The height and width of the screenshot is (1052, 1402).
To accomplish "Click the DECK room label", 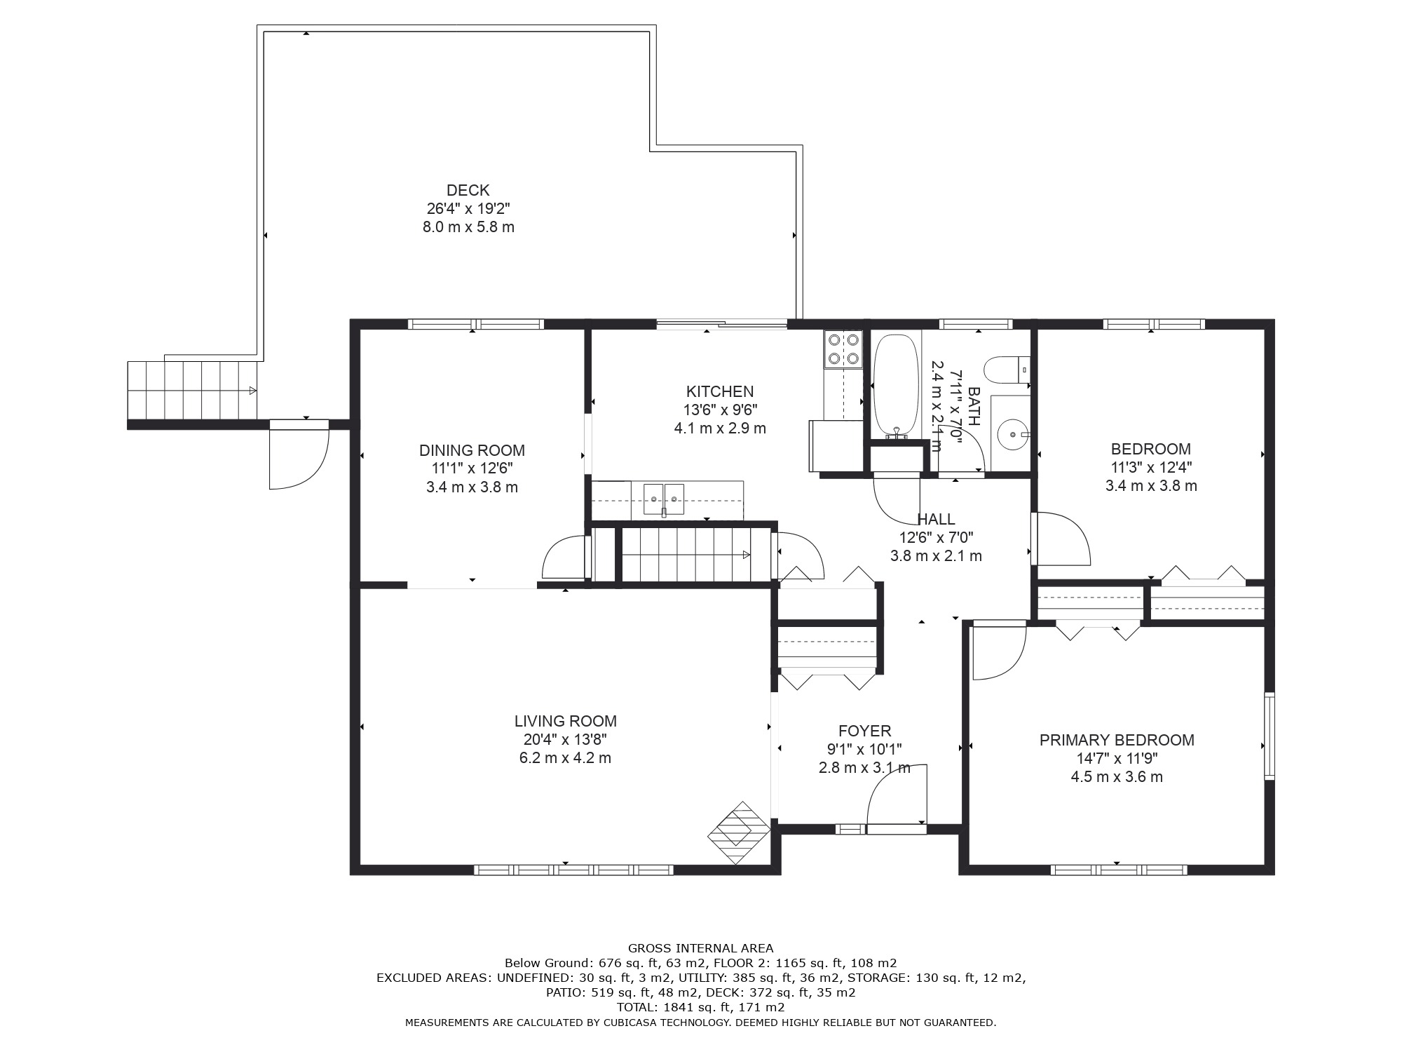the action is coord(468,190).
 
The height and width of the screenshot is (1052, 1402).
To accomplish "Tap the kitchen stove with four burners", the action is coord(843,349).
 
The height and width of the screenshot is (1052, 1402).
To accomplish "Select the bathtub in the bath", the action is coord(896,386).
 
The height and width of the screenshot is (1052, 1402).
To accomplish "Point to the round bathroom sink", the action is coord(1012,435).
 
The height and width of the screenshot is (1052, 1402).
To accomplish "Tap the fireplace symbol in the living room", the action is coord(739,833).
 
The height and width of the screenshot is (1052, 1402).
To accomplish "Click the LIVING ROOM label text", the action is coord(565,721).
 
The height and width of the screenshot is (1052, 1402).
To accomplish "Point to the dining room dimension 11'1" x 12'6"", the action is coord(472,468).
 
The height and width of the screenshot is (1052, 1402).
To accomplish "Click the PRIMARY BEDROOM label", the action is coord(1117,740).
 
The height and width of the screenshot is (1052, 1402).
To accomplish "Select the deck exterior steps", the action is coord(191,389).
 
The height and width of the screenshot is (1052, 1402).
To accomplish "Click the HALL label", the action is coord(936,519).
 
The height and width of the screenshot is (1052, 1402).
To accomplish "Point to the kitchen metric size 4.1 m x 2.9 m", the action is coord(720,428).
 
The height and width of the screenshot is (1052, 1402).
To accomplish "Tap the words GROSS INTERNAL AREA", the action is coord(701,948).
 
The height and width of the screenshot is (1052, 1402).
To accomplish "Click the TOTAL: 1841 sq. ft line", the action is coord(701,1007).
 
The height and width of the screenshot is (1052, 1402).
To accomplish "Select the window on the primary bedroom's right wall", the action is coord(1269,736).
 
